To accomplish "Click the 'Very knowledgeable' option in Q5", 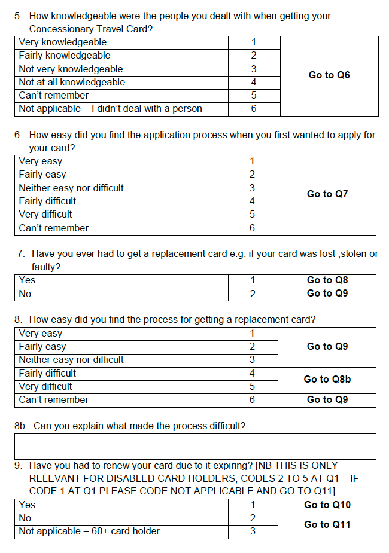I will (63, 42).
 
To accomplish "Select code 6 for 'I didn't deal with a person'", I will (254, 109).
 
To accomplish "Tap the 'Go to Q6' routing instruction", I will (329, 75).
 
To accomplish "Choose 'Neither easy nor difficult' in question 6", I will (71, 188).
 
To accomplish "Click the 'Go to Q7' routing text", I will (327, 194).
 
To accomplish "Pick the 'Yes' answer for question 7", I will (27, 280).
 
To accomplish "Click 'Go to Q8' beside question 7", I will (327, 280).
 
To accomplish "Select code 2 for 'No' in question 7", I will (253, 294).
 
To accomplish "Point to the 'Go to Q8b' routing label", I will (327, 380).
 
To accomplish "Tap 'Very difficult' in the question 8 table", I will (45, 386).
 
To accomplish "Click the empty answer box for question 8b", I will (195, 447).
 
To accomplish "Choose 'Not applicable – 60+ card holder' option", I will (89, 531).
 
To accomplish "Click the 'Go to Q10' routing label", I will (327, 505).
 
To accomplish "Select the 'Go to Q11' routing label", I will (327, 525).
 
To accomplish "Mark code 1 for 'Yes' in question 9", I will (253, 505).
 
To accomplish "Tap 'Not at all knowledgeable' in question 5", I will (72, 83).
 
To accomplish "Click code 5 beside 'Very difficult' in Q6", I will (252, 215).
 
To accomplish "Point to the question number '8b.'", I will (21, 426).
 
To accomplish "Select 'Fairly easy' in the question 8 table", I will (42, 347).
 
